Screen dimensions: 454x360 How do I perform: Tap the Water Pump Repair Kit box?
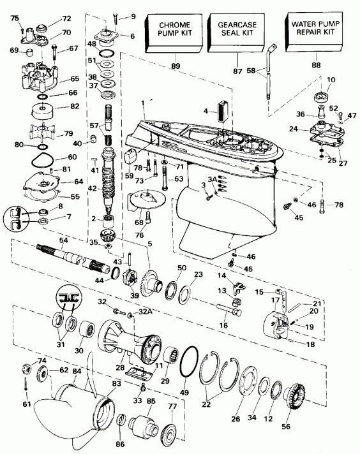click(312, 32)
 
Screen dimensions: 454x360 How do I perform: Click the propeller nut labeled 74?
click(30, 366)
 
